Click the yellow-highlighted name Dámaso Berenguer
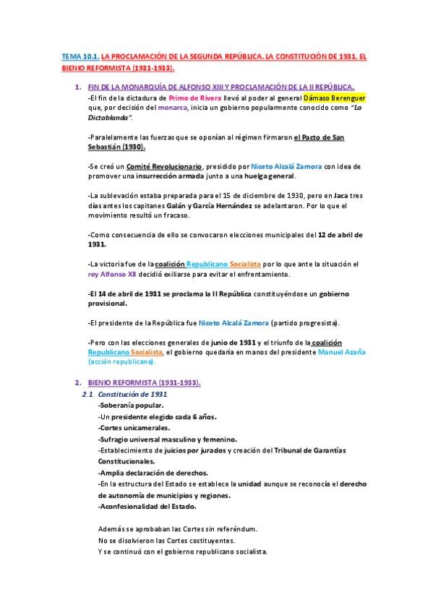tap(324, 97)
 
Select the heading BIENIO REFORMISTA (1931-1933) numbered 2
tap(144, 382)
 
